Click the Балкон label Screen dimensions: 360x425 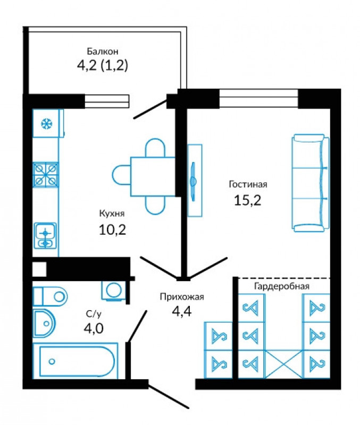pos(103,51)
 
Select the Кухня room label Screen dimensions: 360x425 pos(112,214)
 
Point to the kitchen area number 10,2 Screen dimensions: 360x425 pos(112,230)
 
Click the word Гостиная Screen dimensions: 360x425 pos(248,184)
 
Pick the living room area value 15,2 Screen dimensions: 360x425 pos(247,201)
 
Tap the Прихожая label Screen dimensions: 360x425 pos(182,297)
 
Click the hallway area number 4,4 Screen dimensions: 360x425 pos(182,311)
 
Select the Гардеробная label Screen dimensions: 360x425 pos(282,286)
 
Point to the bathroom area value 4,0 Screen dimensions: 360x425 pos(94,328)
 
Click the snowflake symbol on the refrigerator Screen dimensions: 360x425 pos(47,124)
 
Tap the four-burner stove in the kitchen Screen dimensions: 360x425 pos(46,175)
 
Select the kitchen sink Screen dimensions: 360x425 pos(45,236)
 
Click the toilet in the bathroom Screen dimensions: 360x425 pos(50,296)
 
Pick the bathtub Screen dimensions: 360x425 pos(76,361)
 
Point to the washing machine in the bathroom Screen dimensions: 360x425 pos(114,291)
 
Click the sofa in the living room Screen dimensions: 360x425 pos(311,183)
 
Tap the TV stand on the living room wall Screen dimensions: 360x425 pos(195,181)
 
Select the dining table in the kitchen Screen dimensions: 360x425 pos(153,176)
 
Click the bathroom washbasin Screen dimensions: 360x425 pos(44,323)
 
